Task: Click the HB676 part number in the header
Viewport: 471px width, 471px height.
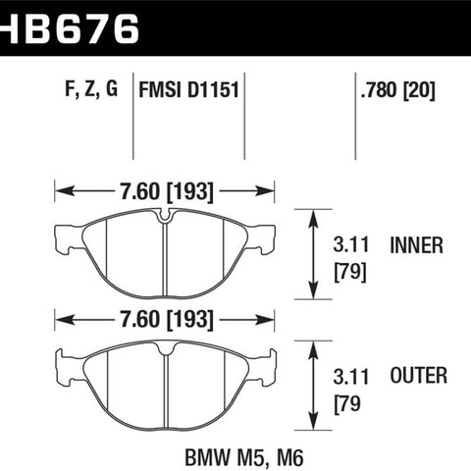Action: (x=70, y=28)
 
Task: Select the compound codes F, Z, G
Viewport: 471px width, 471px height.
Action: (x=91, y=88)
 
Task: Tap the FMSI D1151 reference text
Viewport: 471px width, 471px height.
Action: (x=189, y=89)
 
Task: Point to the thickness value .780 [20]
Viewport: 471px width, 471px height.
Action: (x=398, y=90)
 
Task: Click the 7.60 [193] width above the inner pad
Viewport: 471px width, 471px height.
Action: (x=167, y=191)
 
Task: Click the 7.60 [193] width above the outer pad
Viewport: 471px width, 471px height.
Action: (x=167, y=320)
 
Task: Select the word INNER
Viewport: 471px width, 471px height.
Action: (x=417, y=245)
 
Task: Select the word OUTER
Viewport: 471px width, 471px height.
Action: (x=419, y=375)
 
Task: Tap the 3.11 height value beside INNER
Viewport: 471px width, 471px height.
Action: (x=351, y=244)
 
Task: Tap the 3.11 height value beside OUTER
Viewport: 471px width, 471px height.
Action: (x=351, y=377)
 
